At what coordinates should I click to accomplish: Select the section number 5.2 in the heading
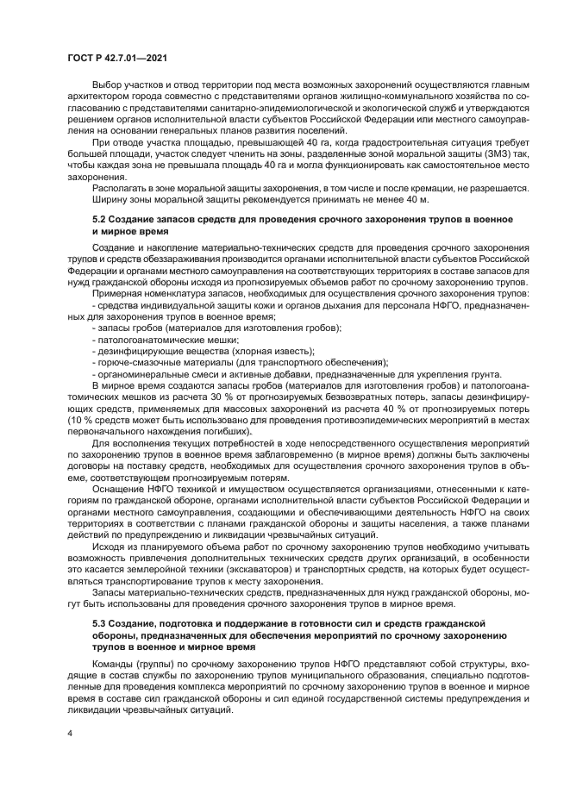tap(101, 220)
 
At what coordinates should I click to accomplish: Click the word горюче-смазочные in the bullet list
tap(135, 363)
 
